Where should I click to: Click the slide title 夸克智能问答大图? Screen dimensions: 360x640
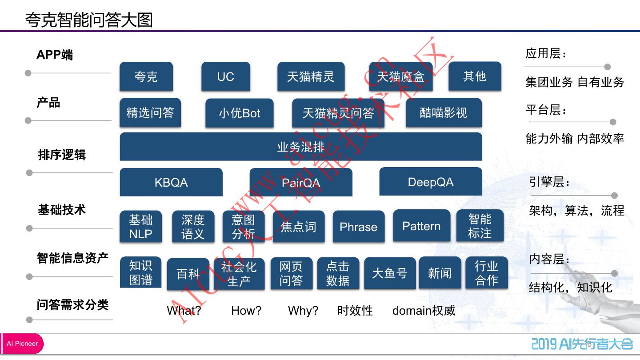point(89,20)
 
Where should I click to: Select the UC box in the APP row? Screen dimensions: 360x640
point(225,76)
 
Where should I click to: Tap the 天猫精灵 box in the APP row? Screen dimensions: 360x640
point(310,76)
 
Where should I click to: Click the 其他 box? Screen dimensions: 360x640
point(475,76)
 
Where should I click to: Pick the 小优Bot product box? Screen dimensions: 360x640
point(239,113)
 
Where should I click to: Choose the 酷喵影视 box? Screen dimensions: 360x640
point(443,112)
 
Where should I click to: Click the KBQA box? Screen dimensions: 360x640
point(171,182)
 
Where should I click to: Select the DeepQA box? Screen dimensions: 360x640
point(430,182)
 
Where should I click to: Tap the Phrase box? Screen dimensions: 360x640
point(358,227)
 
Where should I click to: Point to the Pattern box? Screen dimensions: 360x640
point(421,226)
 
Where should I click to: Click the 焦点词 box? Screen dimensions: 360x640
point(298,227)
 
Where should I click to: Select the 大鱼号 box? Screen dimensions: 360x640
point(390,273)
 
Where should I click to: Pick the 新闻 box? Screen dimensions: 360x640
point(440,273)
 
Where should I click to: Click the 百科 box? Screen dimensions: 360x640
point(188,274)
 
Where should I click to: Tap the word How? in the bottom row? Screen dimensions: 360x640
point(246,310)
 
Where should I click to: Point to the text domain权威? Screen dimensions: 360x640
point(424,310)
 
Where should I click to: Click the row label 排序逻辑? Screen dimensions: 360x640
point(62,155)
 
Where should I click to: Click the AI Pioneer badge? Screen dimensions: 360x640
point(22,344)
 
